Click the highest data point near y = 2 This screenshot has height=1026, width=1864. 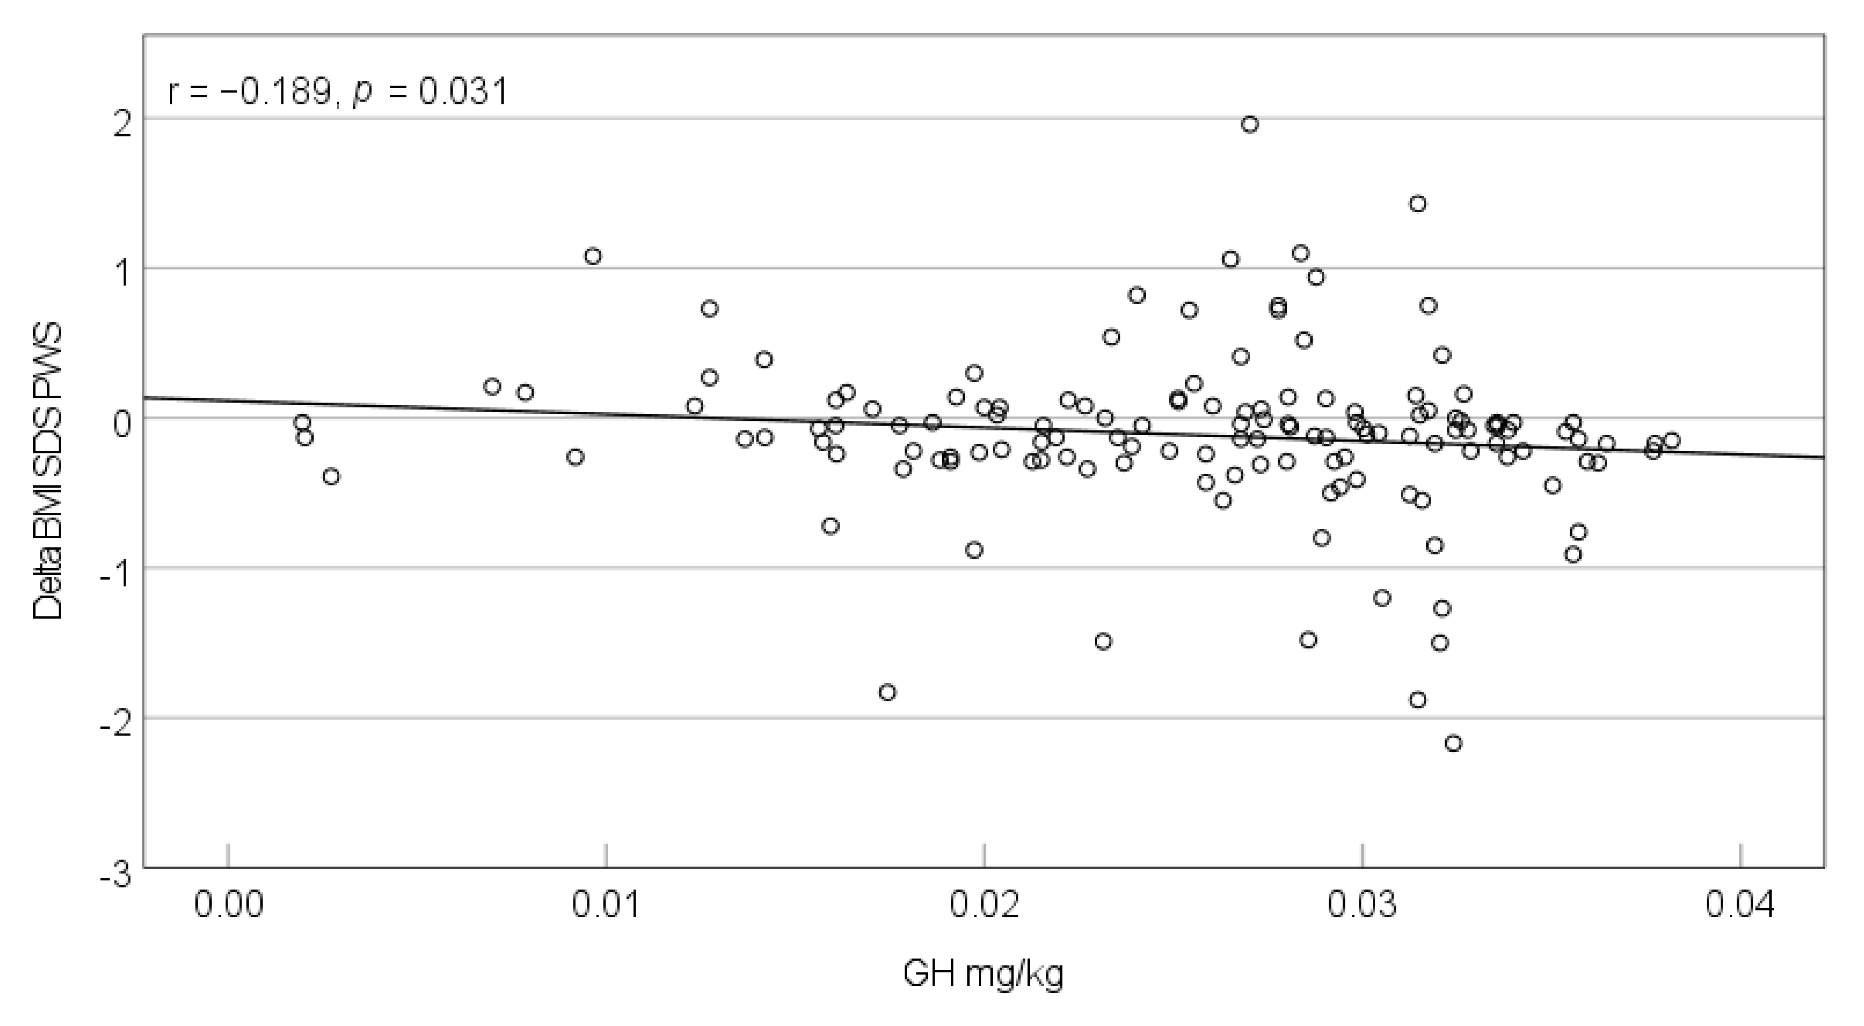point(1250,125)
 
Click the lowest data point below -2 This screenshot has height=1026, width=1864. point(1453,743)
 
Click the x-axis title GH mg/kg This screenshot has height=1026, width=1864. point(983,975)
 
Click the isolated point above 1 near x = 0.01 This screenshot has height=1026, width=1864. point(593,256)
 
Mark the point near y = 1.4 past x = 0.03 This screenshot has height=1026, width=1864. point(1418,204)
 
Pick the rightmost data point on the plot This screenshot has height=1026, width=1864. point(1672,440)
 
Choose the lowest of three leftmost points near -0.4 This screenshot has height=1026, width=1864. point(330,476)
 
